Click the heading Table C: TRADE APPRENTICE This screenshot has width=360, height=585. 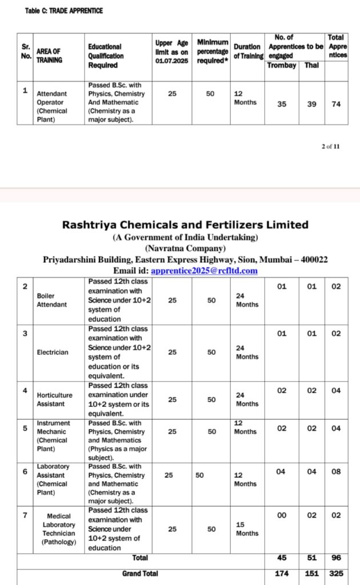pyautogui.click(x=64, y=11)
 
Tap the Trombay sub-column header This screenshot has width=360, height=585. pyautogui.click(x=282, y=65)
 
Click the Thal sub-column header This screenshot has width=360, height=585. pyautogui.click(x=311, y=65)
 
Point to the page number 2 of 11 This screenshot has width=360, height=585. pyautogui.click(x=330, y=146)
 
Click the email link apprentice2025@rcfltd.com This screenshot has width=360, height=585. pyautogui.click(x=205, y=270)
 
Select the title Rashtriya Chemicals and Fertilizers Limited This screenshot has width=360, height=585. pyautogui.click(x=185, y=225)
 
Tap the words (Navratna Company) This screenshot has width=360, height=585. pyautogui.click(x=185, y=248)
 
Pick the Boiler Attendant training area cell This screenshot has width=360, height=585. pyautogui.click(x=51, y=300)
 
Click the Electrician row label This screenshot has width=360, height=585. pyautogui.click(x=52, y=352)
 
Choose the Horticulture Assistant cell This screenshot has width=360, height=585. pyautogui.click(x=55, y=399)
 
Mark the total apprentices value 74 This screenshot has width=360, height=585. pyautogui.click(x=336, y=105)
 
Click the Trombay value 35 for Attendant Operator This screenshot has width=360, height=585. pyautogui.click(x=282, y=105)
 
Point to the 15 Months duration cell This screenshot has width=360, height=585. pyautogui.click(x=247, y=528)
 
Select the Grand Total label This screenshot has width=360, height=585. pyautogui.click(x=140, y=573)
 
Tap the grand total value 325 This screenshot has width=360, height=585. pyautogui.click(x=336, y=573)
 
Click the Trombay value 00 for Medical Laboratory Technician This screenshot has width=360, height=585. pyautogui.click(x=282, y=515)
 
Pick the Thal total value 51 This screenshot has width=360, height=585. pyautogui.click(x=311, y=558)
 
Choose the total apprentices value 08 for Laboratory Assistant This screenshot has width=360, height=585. pyautogui.click(x=336, y=472)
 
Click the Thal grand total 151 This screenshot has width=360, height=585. pyautogui.click(x=311, y=573)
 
